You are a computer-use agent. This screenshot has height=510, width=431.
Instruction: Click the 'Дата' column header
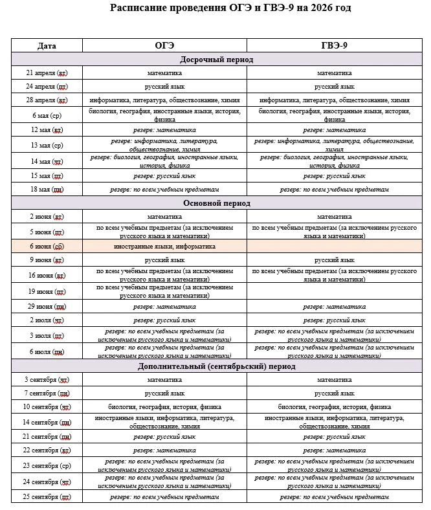pyautogui.click(x=47, y=45)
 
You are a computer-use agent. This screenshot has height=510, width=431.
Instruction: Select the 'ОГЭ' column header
pyautogui.click(x=164, y=45)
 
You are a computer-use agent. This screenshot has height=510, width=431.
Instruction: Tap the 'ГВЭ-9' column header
pyautogui.click(x=334, y=45)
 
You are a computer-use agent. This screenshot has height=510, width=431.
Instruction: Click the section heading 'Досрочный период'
pyautogui.click(x=216, y=60)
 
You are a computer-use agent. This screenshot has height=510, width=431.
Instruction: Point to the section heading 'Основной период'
pyautogui.click(x=216, y=203)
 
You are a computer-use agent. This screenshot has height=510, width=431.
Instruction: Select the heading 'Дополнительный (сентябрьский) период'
pyautogui.click(x=216, y=366)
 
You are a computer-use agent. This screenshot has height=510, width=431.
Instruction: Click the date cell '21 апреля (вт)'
pyautogui.click(x=47, y=73)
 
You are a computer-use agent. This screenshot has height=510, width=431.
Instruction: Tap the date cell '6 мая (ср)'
pyautogui.click(x=47, y=115)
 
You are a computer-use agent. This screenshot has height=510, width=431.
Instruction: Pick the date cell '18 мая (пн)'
pyautogui.click(x=47, y=189)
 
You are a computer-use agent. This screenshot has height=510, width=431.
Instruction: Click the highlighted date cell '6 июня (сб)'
pyautogui.click(x=47, y=246)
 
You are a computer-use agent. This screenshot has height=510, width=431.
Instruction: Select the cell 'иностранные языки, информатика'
pyautogui.click(x=164, y=246)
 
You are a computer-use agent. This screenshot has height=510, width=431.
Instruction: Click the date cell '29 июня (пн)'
pyautogui.click(x=47, y=306)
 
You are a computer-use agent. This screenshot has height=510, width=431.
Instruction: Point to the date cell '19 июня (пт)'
pyautogui.click(x=47, y=291)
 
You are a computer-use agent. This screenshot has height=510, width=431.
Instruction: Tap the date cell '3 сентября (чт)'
pyautogui.click(x=47, y=380)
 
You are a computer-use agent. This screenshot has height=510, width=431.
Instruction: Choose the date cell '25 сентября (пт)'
pyautogui.click(x=47, y=496)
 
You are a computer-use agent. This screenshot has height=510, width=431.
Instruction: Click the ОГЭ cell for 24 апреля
pyautogui.click(x=164, y=86)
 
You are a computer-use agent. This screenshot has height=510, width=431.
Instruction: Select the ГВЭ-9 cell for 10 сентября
pyautogui.click(x=334, y=407)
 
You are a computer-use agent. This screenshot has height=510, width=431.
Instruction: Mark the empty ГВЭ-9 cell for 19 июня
pyautogui.click(x=334, y=291)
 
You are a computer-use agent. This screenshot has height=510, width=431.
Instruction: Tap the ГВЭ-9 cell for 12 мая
pyautogui.click(x=334, y=130)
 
